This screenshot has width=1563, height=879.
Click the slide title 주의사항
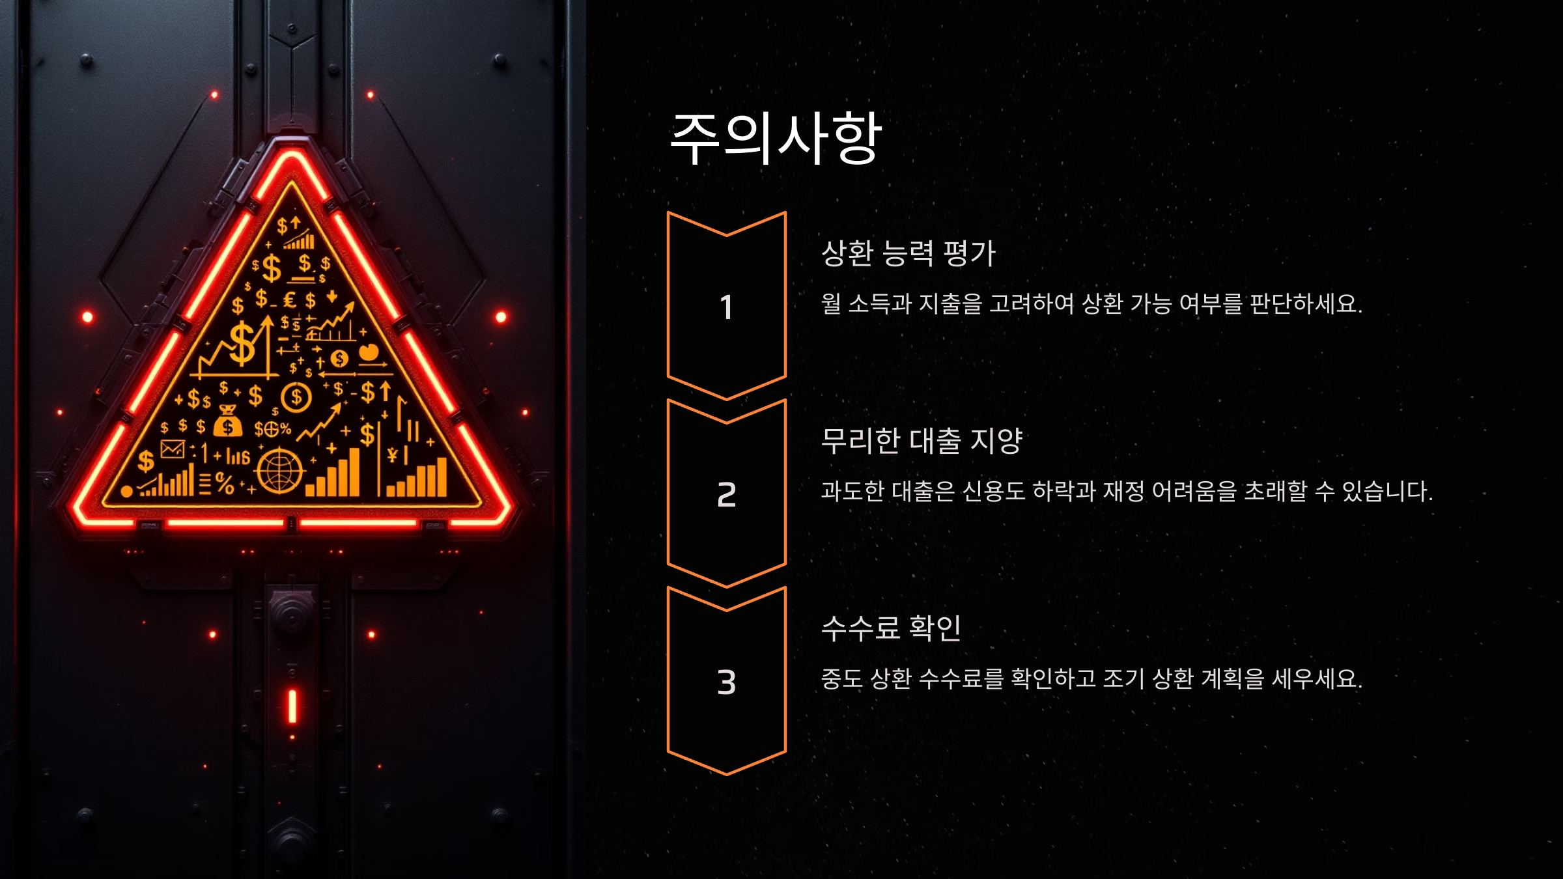click(775, 138)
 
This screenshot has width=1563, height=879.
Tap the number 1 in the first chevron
click(726, 307)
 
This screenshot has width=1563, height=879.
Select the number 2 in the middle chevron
click(726, 495)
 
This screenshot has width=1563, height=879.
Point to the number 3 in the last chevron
click(726, 682)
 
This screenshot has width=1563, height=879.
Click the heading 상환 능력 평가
click(908, 253)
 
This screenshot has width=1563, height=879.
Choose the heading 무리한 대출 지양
click(922, 441)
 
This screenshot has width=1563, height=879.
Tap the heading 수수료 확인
click(891, 628)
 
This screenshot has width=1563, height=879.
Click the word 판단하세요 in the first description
click(1305, 304)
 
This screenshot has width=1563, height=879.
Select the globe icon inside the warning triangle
click(279, 470)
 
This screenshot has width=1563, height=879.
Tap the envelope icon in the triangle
click(173, 449)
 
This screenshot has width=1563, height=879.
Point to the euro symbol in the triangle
click(290, 300)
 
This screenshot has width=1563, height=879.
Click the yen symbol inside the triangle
click(392, 455)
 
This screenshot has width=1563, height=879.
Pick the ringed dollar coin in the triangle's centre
click(296, 397)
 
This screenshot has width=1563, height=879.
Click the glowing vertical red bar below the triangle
click(292, 706)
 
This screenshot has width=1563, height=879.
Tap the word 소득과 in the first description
click(879, 304)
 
